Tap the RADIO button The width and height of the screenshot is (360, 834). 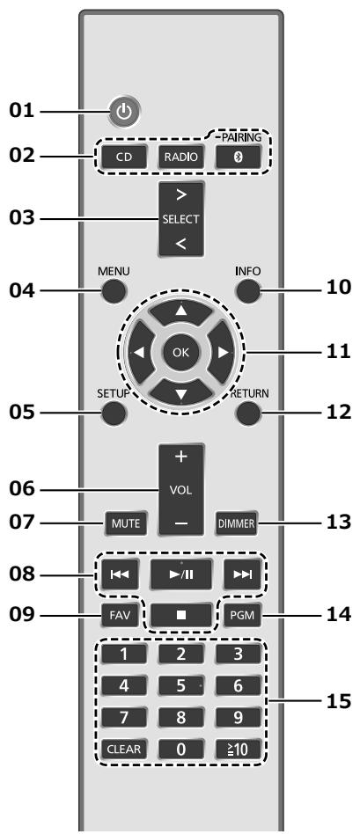[181, 157]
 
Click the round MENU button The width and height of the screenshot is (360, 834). [114, 291]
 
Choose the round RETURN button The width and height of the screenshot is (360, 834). [248, 413]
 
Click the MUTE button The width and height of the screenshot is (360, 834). [126, 523]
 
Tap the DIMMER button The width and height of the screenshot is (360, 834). [237, 523]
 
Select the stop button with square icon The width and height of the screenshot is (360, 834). [180, 617]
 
